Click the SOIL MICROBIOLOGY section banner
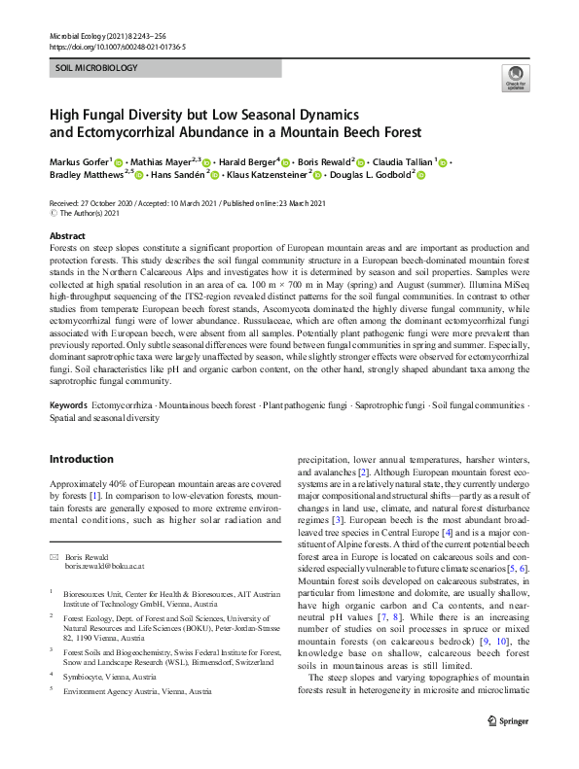pyautogui.click(x=96, y=69)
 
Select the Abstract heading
pyautogui.click(x=67, y=236)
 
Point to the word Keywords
pyautogui.click(x=70, y=430)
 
